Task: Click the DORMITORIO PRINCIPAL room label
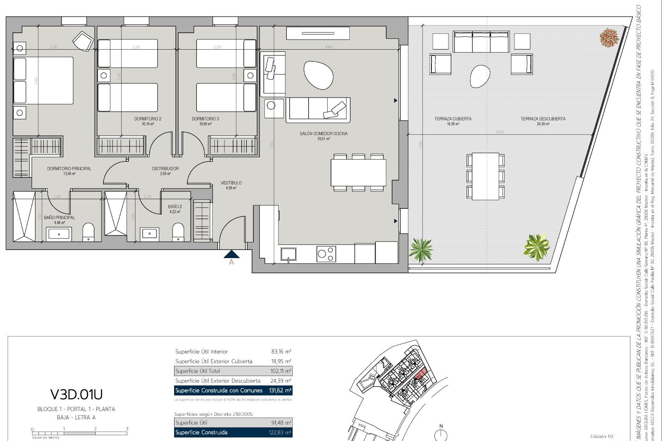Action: (69, 169)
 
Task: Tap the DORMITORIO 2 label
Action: (148, 119)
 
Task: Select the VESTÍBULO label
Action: (231, 183)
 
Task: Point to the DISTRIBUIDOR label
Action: (165, 169)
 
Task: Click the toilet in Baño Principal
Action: (89, 232)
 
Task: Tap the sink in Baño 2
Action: (149, 234)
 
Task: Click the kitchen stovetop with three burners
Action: (326, 254)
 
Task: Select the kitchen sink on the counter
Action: (288, 255)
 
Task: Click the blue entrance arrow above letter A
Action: (231, 254)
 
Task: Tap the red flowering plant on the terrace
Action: (609, 38)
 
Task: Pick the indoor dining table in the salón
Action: (358, 173)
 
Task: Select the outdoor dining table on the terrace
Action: (485, 176)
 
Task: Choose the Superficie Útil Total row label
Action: (198, 371)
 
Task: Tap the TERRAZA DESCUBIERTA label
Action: (543, 119)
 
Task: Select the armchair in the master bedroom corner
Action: (83, 41)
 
